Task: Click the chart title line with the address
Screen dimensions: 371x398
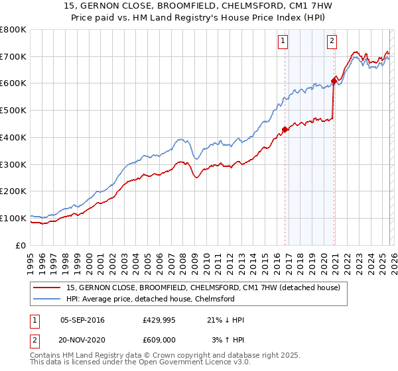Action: tap(199, 6)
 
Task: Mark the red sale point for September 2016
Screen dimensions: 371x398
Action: tap(285, 129)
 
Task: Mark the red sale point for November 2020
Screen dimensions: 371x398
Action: tap(334, 81)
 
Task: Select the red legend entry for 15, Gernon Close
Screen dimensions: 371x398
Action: tap(204, 288)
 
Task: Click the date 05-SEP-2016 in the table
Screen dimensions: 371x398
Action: tap(82, 320)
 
